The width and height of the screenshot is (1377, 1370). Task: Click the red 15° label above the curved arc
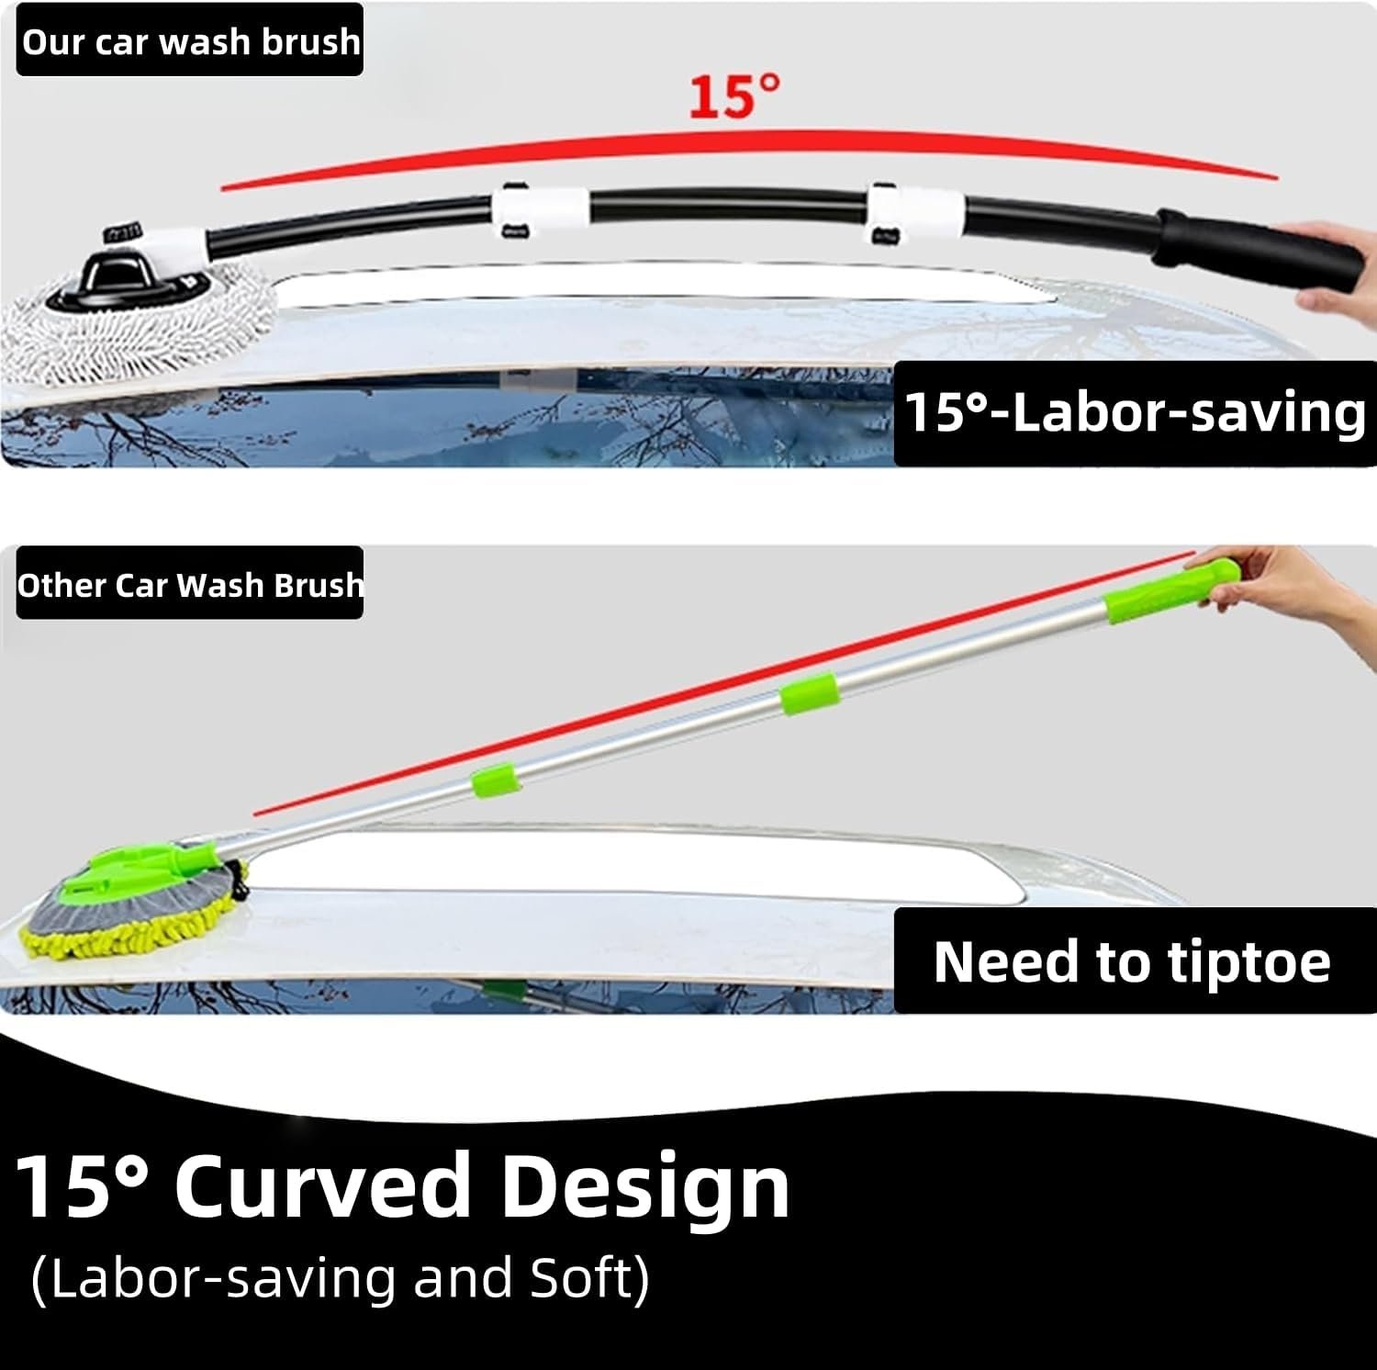(734, 96)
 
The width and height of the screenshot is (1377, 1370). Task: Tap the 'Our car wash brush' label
(190, 41)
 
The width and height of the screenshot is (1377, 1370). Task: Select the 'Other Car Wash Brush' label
(190, 585)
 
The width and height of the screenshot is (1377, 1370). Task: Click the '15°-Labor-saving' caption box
(1135, 412)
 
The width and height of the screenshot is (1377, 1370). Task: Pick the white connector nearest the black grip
(916, 210)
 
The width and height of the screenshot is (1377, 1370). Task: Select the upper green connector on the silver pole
(809, 693)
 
